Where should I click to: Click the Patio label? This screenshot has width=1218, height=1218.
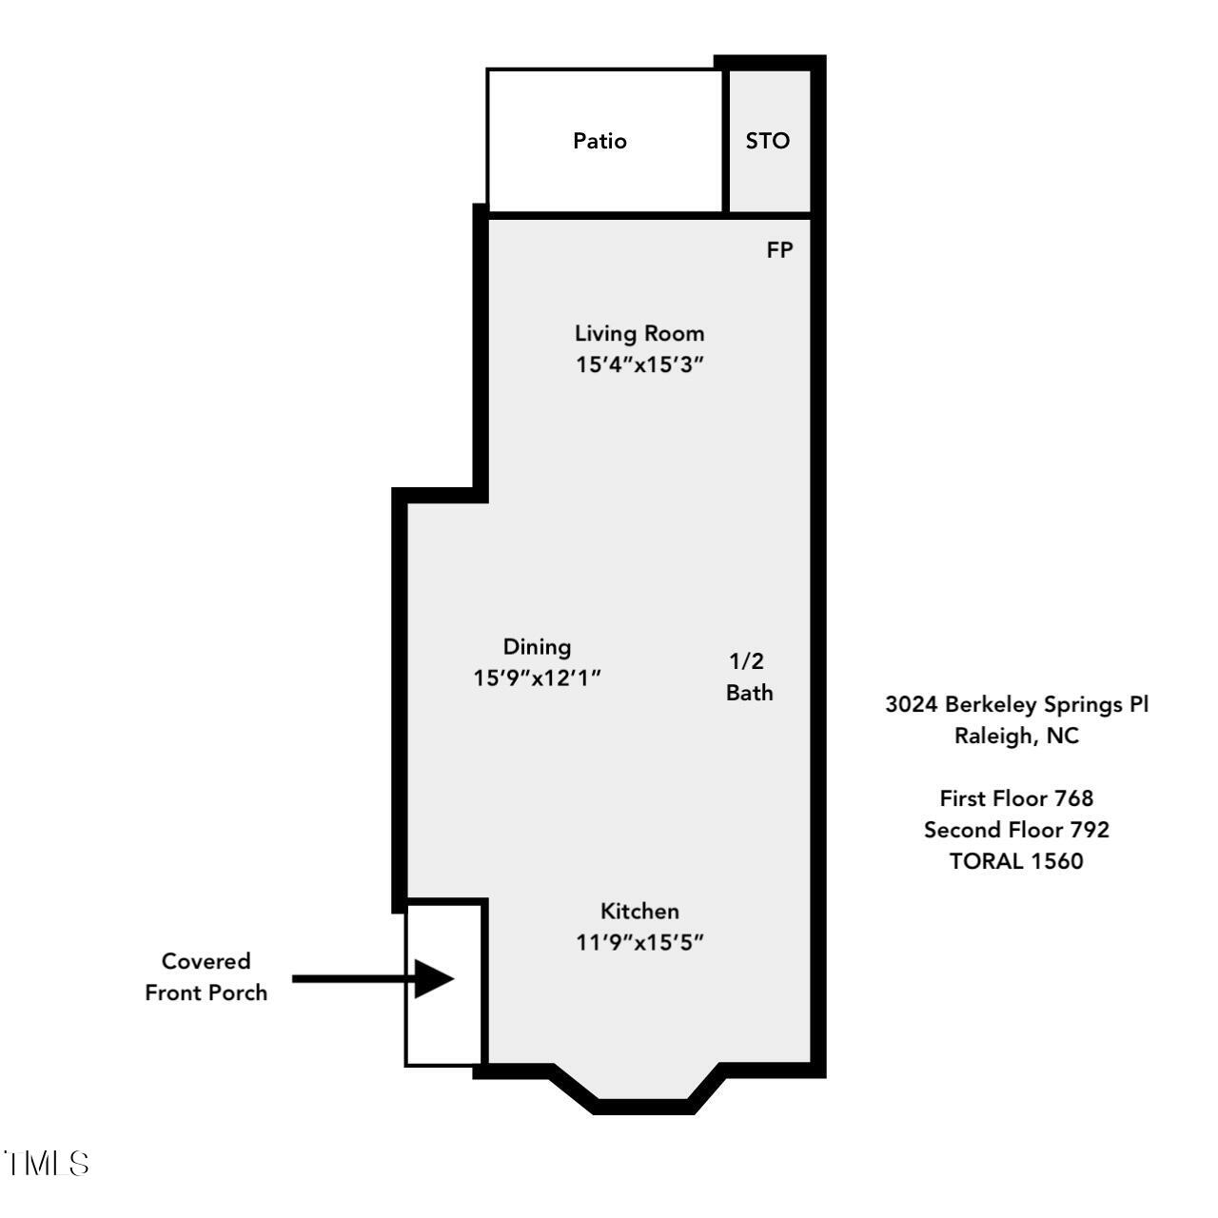tap(599, 140)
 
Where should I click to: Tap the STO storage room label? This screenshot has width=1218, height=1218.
tap(767, 140)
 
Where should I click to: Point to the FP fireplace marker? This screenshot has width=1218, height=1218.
tap(779, 250)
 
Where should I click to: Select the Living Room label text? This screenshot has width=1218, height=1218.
tap(639, 333)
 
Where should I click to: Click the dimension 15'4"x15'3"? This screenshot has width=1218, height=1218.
tap(639, 364)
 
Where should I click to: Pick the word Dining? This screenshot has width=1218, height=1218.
tap(537, 647)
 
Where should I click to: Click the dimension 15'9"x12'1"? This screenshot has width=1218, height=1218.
tap(537, 678)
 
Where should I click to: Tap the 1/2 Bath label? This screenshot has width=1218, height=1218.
tap(749, 677)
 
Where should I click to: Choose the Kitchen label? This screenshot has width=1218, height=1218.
tap(639, 911)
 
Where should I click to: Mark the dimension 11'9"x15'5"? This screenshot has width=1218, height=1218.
tap(639, 942)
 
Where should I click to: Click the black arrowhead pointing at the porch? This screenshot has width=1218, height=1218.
tap(434, 979)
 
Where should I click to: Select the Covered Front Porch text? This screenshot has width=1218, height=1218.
tap(206, 977)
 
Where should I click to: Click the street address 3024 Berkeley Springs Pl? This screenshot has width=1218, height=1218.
tap(1016, 704)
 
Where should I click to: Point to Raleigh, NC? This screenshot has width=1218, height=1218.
tap(1016, 736)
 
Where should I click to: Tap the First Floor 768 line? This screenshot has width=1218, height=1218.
tap(1016, 798)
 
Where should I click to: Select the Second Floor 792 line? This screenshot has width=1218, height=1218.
tap(1016, 830)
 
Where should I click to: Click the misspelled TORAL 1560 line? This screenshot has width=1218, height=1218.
tap(1016, 861)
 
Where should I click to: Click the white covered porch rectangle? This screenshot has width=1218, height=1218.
tap(443, 985)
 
